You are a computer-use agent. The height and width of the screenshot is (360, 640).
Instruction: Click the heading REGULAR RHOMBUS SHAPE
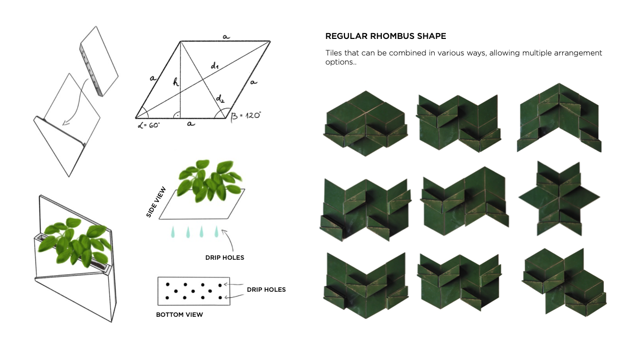click(386, 36)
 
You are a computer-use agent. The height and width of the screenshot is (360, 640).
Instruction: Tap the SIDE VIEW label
click(156, 202)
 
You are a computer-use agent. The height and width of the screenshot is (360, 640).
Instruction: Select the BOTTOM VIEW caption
click(179, 315)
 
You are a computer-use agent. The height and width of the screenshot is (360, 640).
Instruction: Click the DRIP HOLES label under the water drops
click(225, 258)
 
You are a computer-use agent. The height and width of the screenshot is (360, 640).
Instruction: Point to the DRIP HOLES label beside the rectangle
click(266, 290)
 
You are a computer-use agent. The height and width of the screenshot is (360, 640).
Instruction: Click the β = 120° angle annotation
click(246, 116)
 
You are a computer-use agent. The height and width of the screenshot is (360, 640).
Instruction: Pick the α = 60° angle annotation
click(149, 125)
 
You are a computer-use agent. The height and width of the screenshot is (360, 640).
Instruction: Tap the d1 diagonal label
click(214, 66)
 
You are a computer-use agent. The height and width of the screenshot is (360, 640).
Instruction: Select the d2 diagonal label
click(220, 99)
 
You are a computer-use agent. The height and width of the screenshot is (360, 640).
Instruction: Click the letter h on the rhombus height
click(175, 82)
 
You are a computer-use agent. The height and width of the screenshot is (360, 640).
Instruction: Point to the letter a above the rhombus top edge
click(226, 37)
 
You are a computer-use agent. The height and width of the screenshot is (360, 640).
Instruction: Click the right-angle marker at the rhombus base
click(177, 115)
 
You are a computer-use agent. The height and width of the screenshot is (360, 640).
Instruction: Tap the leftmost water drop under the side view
click(173, 232)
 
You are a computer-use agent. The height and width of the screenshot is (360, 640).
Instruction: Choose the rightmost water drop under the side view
click(217, 231)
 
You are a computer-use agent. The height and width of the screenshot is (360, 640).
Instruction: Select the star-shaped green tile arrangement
click(559, 198)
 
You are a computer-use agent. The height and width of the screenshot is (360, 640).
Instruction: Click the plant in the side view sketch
click(210, 181)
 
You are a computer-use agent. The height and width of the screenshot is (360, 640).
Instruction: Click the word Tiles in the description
click(334, 53)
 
